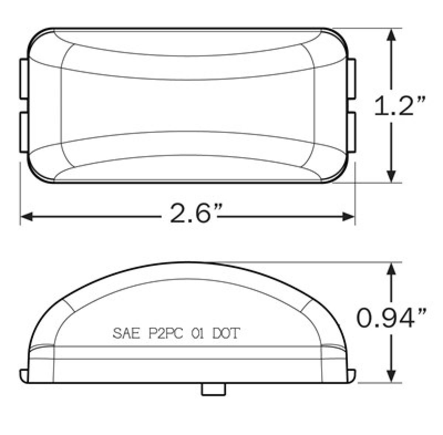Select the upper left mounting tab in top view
24,79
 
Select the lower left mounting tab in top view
24,132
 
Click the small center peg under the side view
213,389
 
